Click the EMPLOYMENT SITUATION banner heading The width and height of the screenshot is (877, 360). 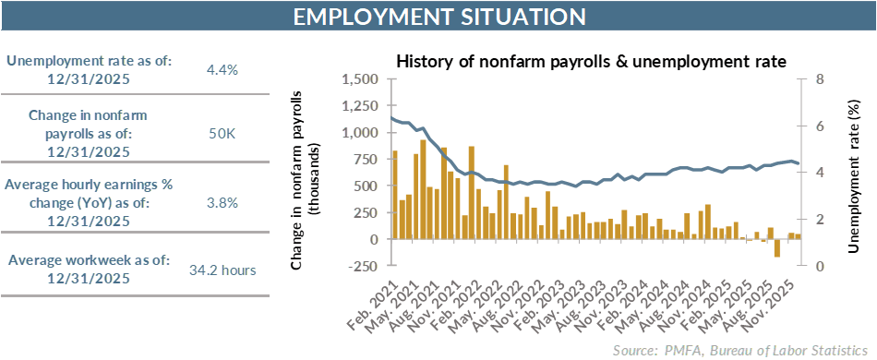(x=438, y=17)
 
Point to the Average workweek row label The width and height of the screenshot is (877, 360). (x=89, y=270)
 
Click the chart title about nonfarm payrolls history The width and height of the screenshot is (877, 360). (x=591, y=62)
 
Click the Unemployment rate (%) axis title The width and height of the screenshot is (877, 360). (x=853, y=173)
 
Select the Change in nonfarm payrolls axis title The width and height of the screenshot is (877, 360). (x=306, y=173)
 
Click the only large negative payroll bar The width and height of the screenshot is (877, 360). (x=777, y=247)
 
